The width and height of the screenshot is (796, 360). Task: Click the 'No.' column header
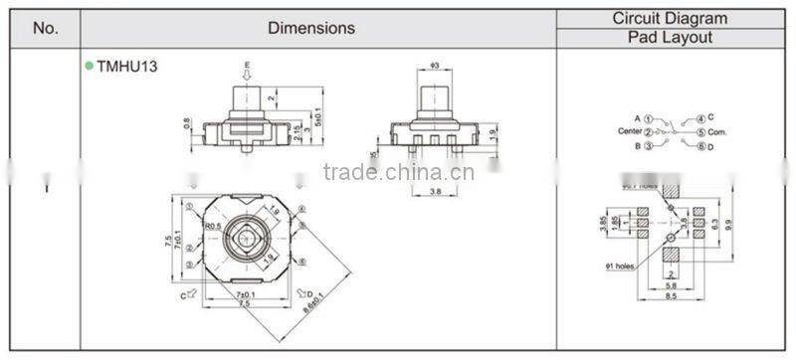coord(46,28)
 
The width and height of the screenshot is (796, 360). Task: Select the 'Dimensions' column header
coord(310,28)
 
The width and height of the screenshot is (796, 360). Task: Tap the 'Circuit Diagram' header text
coord(669,18)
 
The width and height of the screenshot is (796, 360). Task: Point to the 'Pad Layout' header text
coord(669,38)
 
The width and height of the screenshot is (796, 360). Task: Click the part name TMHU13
coord(127,67)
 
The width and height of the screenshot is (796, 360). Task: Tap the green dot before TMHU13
coord(89,67)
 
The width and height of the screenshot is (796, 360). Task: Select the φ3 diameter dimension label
coord(434,67)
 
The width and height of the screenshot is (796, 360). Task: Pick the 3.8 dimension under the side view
coord(435,191)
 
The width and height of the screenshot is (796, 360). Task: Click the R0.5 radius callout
coord(212,227)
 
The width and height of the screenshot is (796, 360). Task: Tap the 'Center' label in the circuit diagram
coord(629,131)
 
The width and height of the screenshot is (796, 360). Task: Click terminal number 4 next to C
coord(700,117)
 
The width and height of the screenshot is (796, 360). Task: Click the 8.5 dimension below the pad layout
coord(673,296)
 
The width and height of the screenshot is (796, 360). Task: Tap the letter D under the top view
coord(311,294)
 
